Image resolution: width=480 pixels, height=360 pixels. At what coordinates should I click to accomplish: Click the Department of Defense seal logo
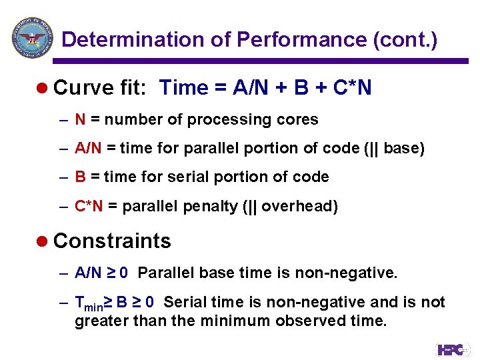point(31,37)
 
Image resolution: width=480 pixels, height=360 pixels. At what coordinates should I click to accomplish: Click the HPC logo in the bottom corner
point(453,349)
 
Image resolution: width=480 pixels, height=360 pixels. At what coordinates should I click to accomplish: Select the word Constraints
point(112,241)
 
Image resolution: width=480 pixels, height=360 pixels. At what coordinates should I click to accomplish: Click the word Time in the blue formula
point(185,88)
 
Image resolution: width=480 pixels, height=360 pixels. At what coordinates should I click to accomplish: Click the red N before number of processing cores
point(80,120)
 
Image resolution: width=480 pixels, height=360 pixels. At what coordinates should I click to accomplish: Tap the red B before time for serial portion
point(80,177)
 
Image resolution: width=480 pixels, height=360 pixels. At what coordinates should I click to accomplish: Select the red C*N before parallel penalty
point(89,207)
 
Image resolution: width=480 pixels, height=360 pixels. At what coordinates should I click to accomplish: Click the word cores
point(299,120)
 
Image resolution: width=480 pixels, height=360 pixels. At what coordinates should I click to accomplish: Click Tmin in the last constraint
point(87,303)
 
